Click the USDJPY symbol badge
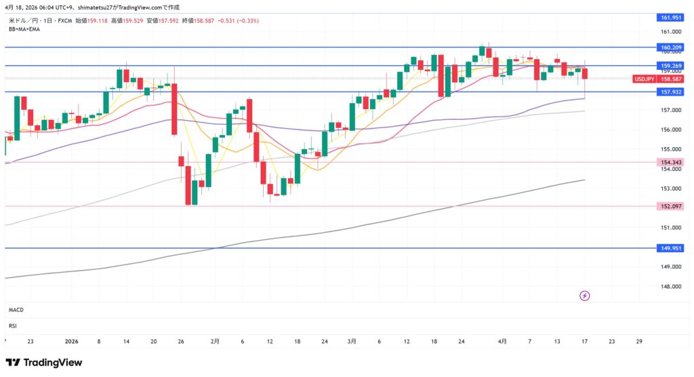pos(643,79)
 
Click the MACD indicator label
pos(16,310)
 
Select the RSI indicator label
pos(13,325)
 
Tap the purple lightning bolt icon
pos(585,296)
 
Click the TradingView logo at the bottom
pos(44,363)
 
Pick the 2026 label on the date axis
pos(71,341)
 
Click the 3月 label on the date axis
pos(352,341)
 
